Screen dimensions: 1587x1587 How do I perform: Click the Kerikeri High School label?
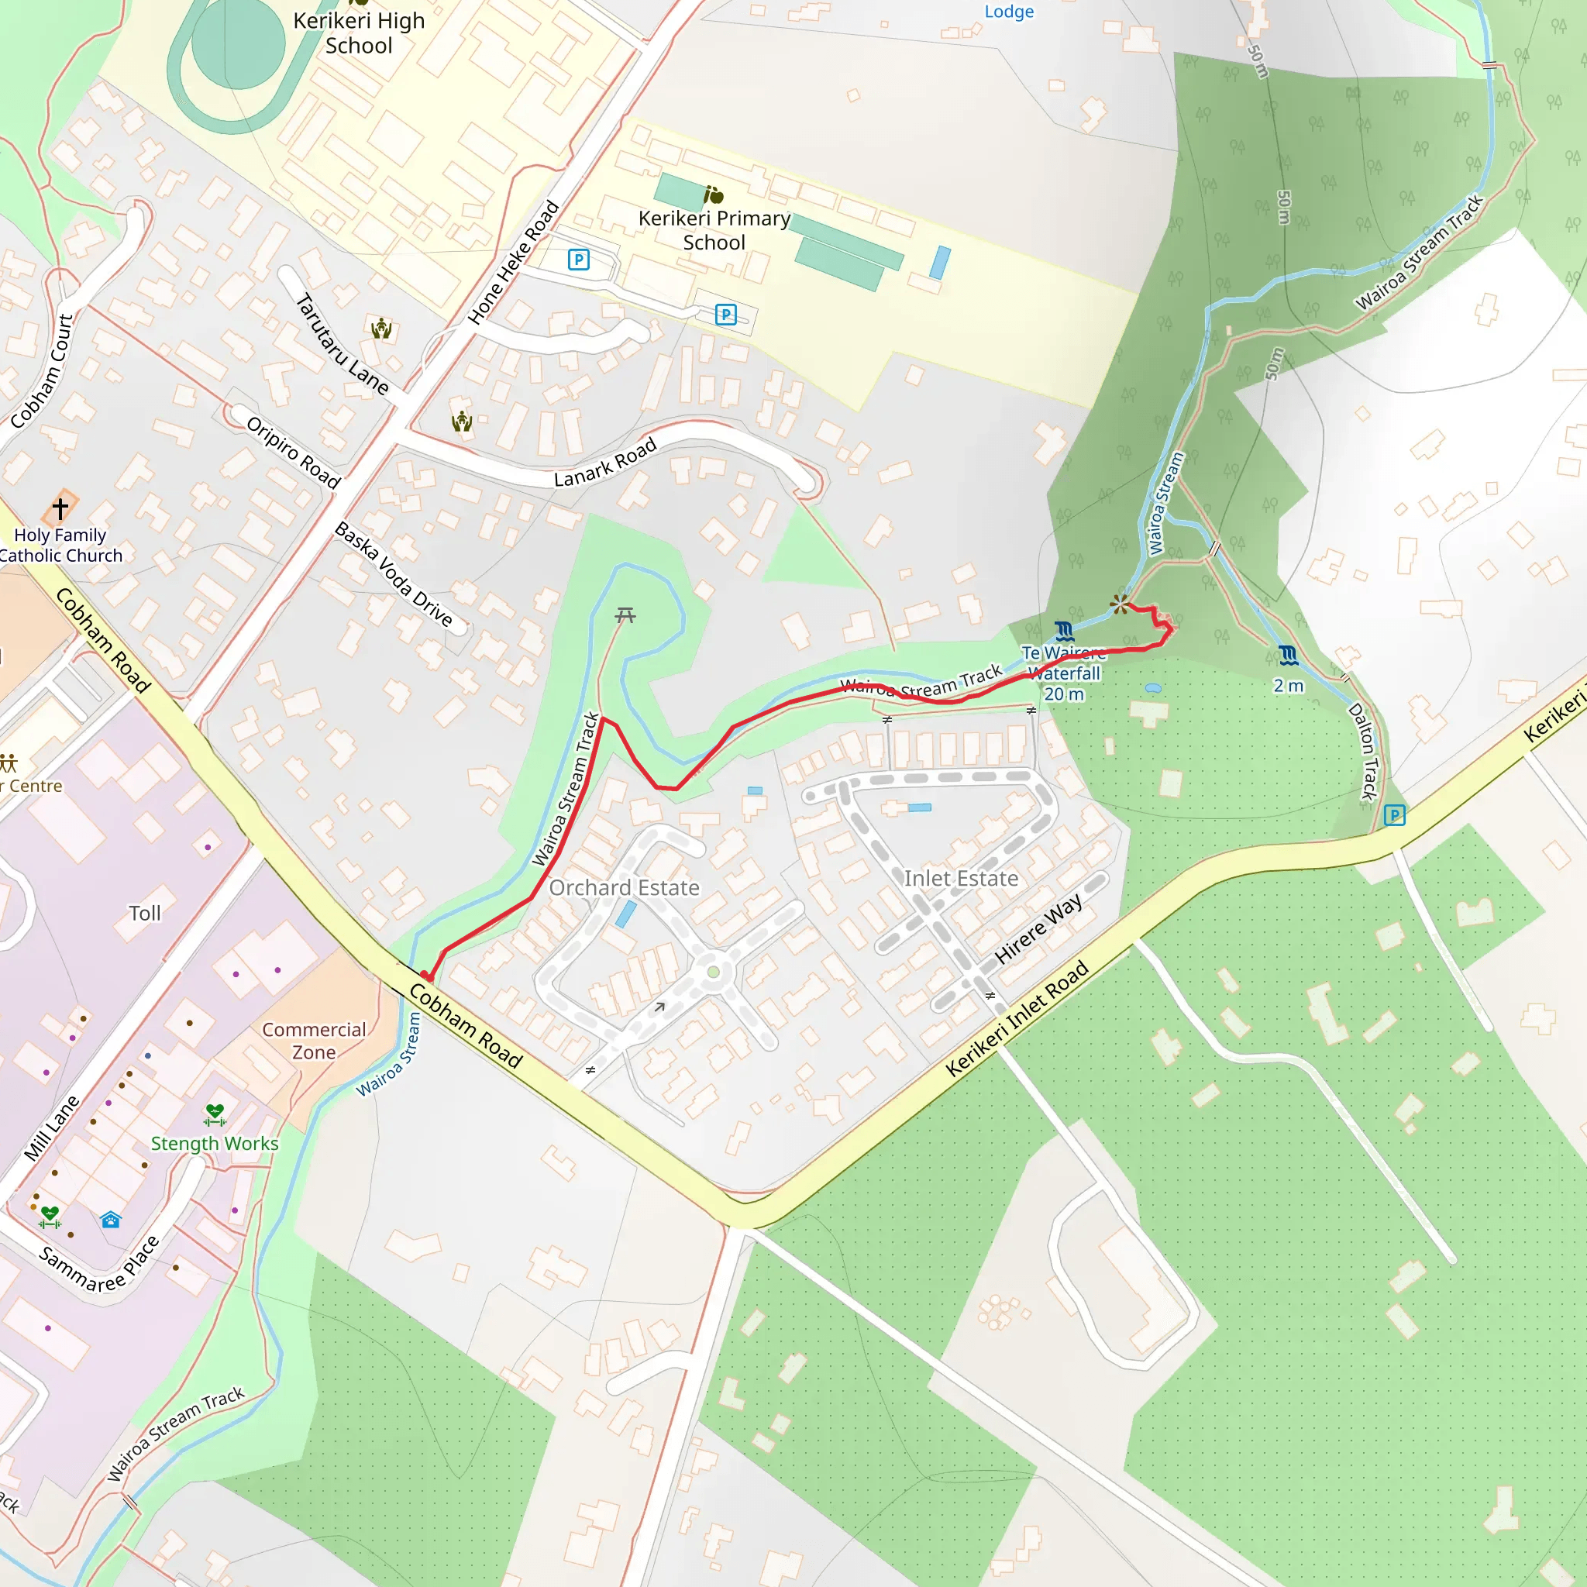[359, 33]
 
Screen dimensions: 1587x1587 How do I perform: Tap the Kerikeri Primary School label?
[714, 230]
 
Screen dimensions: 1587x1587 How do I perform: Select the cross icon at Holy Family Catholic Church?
[60, 508]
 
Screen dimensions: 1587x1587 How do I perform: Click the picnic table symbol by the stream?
[625, 614]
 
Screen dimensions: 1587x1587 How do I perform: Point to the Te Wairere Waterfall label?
[1063, 673]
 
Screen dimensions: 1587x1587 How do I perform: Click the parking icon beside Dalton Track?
[1394, 816]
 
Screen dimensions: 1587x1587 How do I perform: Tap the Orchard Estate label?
[625, 888]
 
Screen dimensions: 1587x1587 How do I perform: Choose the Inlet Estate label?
[961, 879]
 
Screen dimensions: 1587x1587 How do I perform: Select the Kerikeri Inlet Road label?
[1017, 1018]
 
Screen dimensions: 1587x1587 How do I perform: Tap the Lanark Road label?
[605, 463]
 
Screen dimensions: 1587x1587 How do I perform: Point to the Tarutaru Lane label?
[342, 344]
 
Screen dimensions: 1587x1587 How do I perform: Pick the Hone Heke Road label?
[514, 263]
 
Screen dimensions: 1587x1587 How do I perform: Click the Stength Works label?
[215, 1144]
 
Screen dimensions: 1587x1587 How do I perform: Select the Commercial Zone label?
[314, 1041]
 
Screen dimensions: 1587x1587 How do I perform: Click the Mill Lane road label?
[52, 1127]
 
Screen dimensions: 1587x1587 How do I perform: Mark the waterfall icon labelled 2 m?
[1288, 656]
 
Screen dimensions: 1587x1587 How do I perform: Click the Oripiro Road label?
[293, 453]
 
